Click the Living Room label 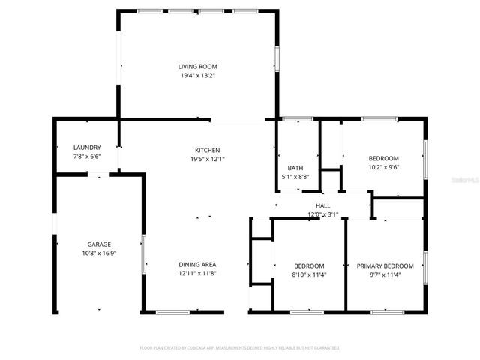point(197,67)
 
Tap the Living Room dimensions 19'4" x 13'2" point(197,76)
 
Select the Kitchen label point(208,151)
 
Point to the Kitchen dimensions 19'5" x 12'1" point(208,159)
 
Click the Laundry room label point(86,148)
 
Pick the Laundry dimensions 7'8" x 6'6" point(86,156)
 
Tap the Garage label point(99,244)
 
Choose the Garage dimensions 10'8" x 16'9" point(99,253)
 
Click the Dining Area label point(197,264)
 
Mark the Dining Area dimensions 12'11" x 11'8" point(197,273)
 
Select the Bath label point(295,168)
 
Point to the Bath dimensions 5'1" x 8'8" point(295,177)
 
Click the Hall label point(323,205)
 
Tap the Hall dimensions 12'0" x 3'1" point(323,214)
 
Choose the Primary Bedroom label point(385,266)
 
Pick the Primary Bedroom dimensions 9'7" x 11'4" point(385,274)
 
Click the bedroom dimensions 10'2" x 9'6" point(383,167)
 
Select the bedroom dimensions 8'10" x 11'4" point(309,274)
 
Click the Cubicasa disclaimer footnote point(240,348)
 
